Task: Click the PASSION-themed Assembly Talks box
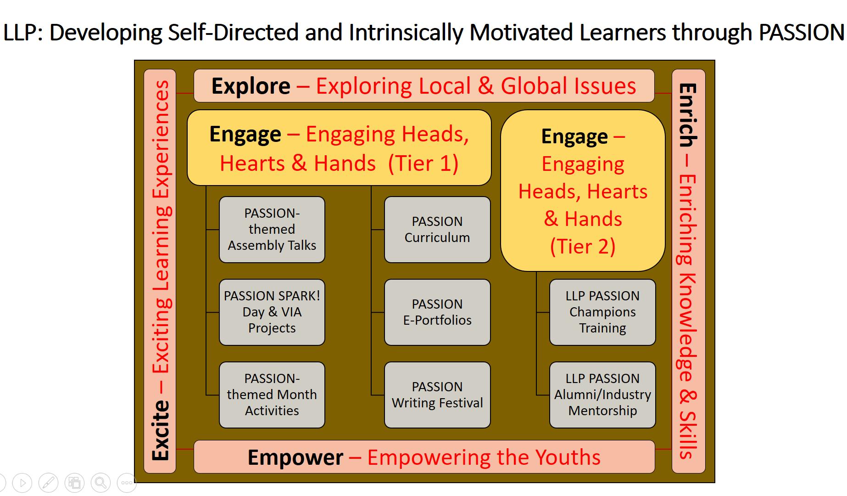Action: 272,230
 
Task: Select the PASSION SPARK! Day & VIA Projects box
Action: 272,312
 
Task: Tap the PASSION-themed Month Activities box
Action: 272,395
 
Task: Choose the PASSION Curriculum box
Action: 437,230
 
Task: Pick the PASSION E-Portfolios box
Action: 437,312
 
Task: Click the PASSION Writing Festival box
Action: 437,395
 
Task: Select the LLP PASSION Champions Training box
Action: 602,312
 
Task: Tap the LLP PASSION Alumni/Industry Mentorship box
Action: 602,395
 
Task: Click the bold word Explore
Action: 251,86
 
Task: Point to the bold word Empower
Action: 295,457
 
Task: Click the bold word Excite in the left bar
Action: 161,430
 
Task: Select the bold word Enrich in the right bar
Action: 688,115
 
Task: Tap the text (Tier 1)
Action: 423,163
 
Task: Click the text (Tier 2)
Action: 583,247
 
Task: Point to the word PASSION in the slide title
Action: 802,33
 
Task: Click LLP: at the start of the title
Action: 23,33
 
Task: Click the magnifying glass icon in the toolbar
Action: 100,483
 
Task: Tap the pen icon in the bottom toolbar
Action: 48,483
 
